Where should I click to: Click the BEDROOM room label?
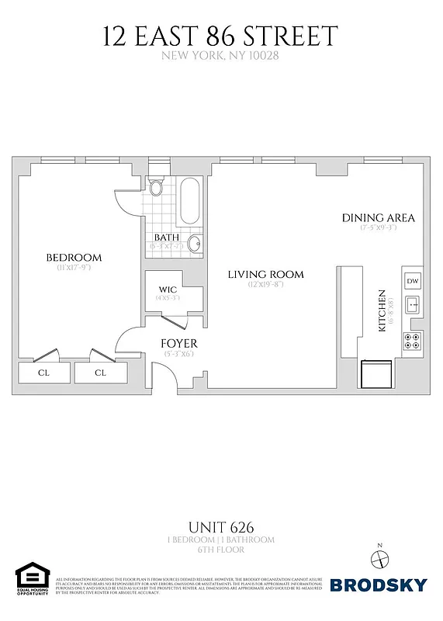pyautogui.click(x=74, y=258)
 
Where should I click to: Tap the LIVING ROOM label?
pyautogui.click(x=265, y=274)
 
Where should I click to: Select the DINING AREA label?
pyautogui.click(x=378, y=217)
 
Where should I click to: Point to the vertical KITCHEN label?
pyautogui.click(x=382, y=311)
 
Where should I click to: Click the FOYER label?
pyautogui.click(x=178, y=343)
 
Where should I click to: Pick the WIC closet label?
pyautogui.click(x=168, y=290)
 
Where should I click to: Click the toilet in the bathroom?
pyautogui.click(x=156, y=187)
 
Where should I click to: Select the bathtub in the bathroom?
pyautogui.click(x=190, y=203)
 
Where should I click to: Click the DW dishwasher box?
pyautogui.click(x=413, y=281)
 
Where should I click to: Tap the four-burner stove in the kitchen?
pyautogui.click(x=413, y=340)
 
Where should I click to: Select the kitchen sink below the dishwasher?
pyautogui.click(x=413, y=304)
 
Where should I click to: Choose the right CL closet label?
pyautogui.click(x=100, y=373)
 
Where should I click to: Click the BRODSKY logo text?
pyautogui.click(x=379, y=585)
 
